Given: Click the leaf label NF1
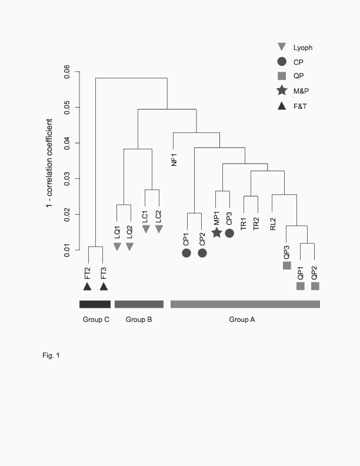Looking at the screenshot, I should [174, 159].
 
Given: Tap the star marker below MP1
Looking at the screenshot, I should [216, 233].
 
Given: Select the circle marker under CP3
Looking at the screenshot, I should [229, 233].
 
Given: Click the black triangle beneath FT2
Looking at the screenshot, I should [87, 287].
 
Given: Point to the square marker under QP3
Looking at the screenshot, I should [287, 265].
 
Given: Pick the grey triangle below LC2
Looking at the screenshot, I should [159, 228].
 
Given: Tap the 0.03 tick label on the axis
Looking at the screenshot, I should [68, 179].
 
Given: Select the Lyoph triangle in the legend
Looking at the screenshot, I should [282, 46].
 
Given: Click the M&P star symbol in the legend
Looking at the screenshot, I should [282, 91].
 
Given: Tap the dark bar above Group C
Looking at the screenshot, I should [95, 304].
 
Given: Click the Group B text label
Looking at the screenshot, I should [139, 319].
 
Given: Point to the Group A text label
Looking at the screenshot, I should [242, 319].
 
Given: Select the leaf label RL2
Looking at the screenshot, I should [273, 224].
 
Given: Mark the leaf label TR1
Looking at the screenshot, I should [244, 224].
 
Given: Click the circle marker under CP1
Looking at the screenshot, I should [186, 253].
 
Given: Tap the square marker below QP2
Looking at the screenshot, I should [315, 286].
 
